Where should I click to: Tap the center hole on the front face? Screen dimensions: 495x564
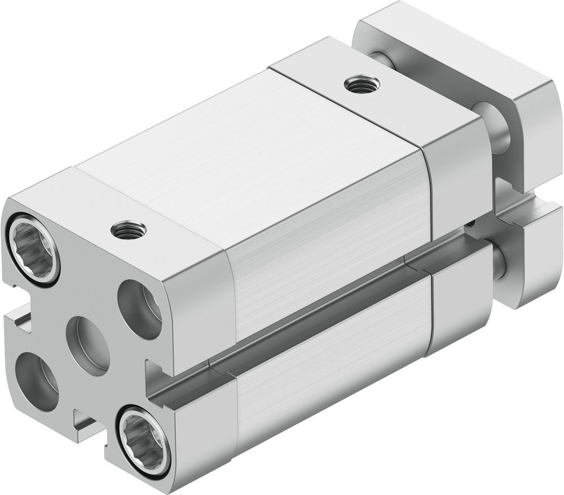pos(87,345)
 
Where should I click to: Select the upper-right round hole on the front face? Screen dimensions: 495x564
pos(140,309)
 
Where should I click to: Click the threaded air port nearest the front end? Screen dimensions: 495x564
pos(129,229)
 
